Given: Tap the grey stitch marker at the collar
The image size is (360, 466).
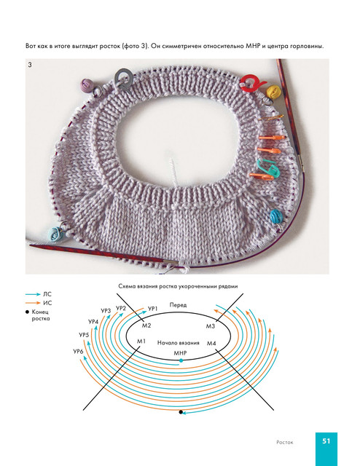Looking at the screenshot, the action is (123, 78).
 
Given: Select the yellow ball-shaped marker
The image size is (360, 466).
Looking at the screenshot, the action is (273, 91).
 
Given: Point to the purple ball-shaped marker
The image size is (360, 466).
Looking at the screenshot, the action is (87, 84).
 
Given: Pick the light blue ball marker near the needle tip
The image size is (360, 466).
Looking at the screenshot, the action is (55, 233).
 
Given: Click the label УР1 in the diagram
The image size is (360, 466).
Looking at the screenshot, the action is (152, 309).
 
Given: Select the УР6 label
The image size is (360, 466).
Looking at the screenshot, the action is (78, 352).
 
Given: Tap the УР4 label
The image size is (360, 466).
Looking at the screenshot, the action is (93, 322).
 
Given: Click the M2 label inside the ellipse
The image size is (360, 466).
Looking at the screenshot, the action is (146, 325).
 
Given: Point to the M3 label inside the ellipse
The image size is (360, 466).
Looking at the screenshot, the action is (211, 326).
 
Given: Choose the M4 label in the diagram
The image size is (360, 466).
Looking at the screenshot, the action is (211, 343).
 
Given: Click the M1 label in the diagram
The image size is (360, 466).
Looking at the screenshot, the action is (141, 341).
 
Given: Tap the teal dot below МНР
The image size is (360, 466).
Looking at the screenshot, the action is (181, 360).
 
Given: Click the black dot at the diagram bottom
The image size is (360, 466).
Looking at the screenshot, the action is (180, 412).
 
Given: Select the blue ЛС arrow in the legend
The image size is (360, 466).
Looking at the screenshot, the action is (33, 294).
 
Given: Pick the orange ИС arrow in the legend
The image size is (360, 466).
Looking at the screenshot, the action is (33, 303).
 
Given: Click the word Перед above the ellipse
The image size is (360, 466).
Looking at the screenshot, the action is (179, 305).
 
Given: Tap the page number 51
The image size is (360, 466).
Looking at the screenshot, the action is (326, 441).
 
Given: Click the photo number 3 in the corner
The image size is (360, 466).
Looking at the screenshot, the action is (30, 65).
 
